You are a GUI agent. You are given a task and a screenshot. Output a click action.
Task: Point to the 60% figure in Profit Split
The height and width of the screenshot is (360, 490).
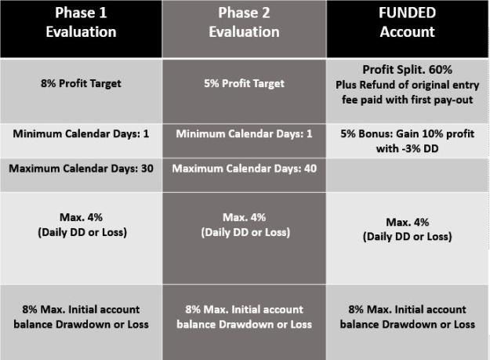click(441, 70)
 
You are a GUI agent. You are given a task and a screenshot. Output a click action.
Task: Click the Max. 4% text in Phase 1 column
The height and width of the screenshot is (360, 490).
click(81, 217)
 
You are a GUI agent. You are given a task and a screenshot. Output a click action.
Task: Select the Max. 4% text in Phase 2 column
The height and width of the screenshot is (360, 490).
click(244, 217)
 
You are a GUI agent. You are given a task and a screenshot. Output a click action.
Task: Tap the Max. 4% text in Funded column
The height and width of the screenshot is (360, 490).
click(407, 222)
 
